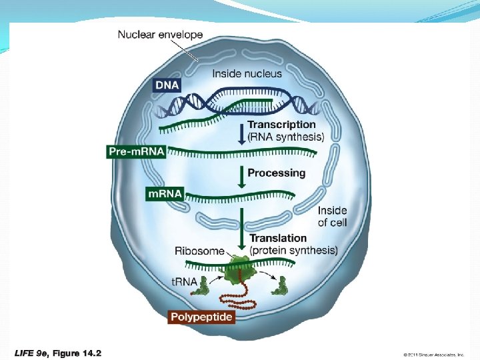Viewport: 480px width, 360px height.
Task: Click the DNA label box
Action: click(166, 85)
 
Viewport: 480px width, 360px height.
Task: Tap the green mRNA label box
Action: click(164, 193)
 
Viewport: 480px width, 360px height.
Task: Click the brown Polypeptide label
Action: click(201, 317)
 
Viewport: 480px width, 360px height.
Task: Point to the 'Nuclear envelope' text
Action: click(160, 34)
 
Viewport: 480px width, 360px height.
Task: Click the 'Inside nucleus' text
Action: click(247, 73)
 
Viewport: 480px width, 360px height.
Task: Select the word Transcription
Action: click(281, 125)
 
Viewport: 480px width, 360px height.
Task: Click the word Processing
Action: click(276, 173)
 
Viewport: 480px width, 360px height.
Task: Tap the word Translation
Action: click(278, 238)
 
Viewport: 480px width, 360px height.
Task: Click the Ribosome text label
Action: click(199, 251)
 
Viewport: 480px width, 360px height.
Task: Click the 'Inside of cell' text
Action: click(332, 217)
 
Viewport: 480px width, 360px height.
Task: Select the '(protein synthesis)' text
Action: click(293, 250)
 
